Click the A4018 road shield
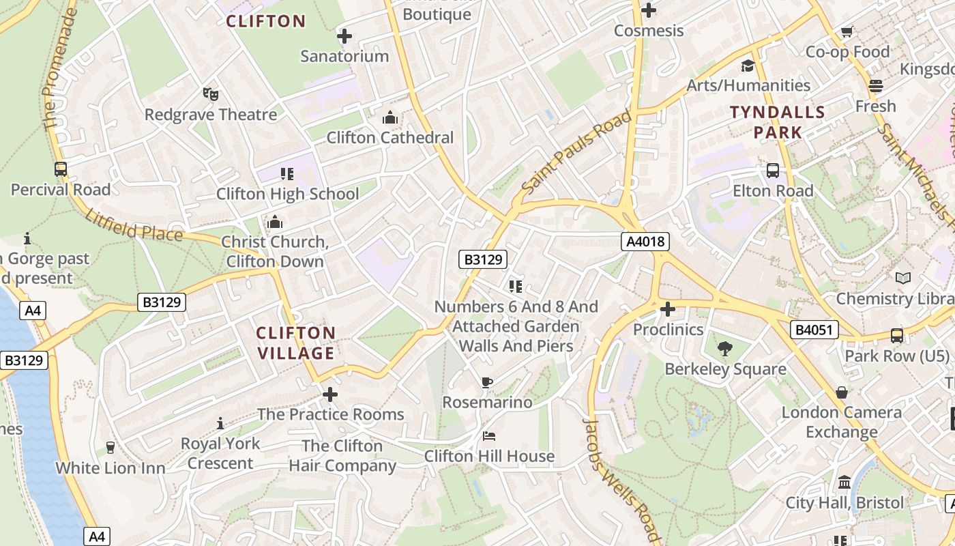pos(645,241)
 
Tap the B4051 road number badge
pos(814,330)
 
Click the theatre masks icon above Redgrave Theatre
pos(210,94)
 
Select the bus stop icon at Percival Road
pos(61,169)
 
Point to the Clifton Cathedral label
pos(390,137)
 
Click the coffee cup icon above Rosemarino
pos(486,382)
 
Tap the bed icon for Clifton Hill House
pos(489,435)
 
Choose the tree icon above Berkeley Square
pos(724,349)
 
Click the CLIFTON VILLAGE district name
pos(295,343)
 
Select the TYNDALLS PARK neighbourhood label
pos(778,121)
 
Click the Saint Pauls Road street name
pos(576,152)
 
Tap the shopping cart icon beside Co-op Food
pos(847,31)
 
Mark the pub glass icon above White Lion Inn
pos(110,448)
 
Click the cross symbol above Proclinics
pos(667,309)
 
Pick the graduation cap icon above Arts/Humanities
pos(748,66)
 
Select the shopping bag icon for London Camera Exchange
pos(842,392)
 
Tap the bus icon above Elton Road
pos(773,171)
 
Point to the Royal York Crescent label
pos(220,453)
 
